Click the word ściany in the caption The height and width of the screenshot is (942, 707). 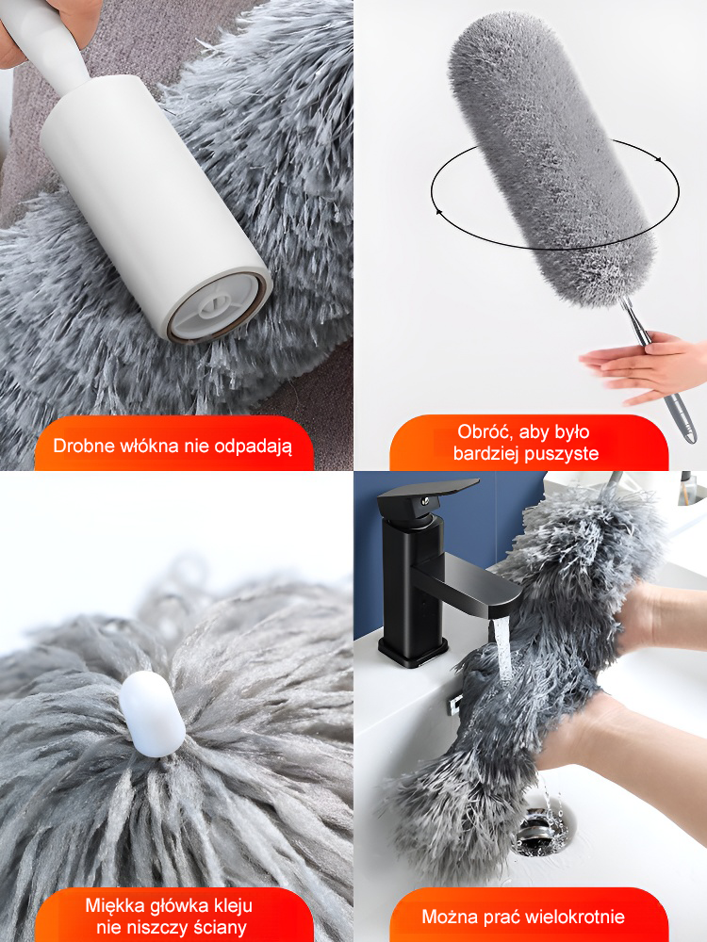(x=219, y=927)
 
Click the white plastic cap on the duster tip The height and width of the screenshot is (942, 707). (x=152, y=714)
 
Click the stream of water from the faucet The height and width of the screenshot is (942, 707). (x=502, y=650)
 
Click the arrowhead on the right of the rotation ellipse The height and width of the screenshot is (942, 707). (x=658, y=160)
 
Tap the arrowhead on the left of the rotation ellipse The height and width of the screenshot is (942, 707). (x=438, y=211)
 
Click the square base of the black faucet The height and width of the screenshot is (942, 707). (x=413, y=651)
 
